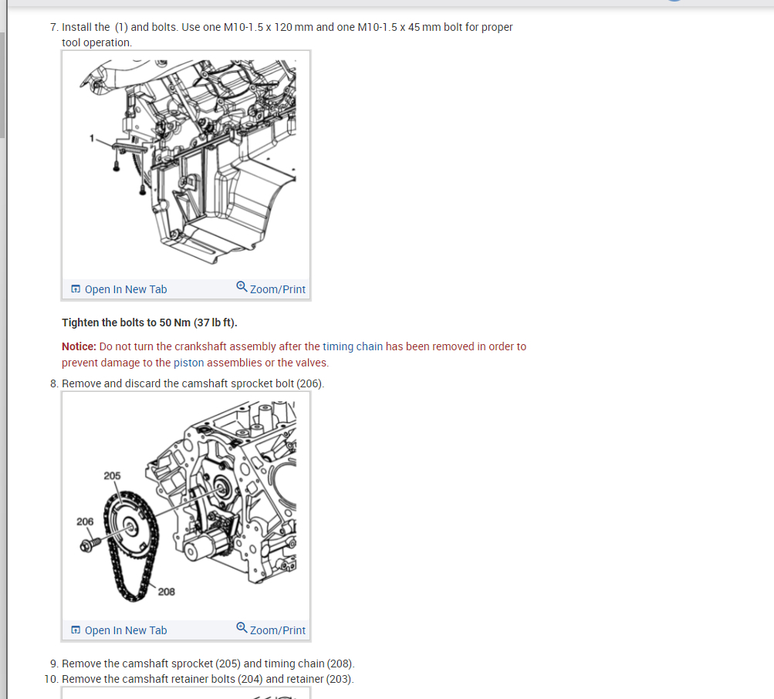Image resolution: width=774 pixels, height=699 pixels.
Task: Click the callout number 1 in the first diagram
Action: click(x=90, y=138)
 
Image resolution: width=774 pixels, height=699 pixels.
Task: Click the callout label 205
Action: click(x=112, y=476)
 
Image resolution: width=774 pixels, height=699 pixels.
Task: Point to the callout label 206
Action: click(x=85, y=522)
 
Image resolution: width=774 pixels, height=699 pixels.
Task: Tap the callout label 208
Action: click(x=166, y=592)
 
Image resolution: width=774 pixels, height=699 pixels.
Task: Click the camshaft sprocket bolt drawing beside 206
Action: click(x=88, y=545)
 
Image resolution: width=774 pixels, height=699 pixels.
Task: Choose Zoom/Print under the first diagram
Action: click(x=277, y=289)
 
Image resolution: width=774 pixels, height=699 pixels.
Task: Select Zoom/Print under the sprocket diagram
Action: click(x=277, y=630)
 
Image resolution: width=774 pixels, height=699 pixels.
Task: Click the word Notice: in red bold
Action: click(x=79, y=346)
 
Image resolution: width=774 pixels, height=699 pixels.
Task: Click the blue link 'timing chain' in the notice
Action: click(x=353, y=346)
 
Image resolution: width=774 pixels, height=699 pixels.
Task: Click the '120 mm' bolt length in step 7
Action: click(x=293, y=27)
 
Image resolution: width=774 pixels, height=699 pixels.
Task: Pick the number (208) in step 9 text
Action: click(x=340, y=664)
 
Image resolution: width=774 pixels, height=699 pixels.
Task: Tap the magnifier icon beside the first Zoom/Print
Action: click(x=242, y=288)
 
